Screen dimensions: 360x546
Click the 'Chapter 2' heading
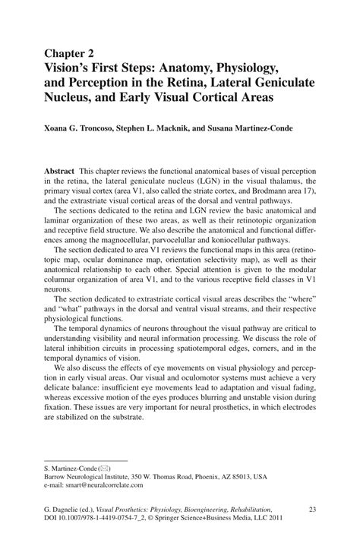click(71, 54)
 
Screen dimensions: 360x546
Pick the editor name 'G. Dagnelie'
click(62, 510)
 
